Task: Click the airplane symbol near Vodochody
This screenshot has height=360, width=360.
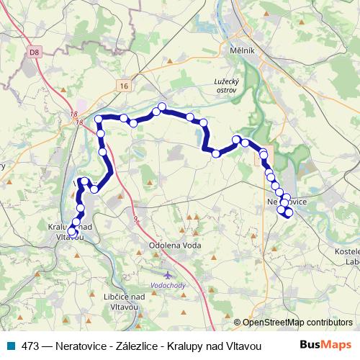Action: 168,276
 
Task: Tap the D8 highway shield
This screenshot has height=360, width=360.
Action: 34,52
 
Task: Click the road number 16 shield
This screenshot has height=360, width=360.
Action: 124,86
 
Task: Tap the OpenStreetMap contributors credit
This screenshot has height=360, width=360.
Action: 293,323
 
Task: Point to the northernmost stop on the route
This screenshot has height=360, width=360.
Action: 162,107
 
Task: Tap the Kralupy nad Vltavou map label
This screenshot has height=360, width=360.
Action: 70,231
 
